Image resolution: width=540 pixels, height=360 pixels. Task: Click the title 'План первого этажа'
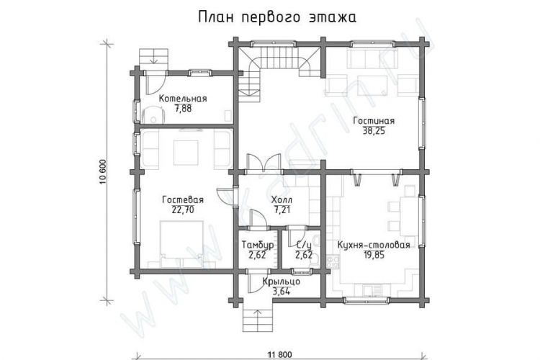pyautogui.click(x=277, y=17)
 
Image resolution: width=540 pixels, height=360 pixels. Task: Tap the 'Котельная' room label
pyautogui.click(x=183, y=99)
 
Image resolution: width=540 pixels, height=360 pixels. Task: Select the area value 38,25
pyautogui.click(x=374, y=131)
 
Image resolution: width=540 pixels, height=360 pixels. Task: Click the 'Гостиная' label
pyautogui.click(x=374, y=121)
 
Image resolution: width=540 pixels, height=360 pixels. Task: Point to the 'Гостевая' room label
pyautogui.click(x=183, y=200)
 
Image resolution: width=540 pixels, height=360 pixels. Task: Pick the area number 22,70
pyautogui.click(x=183, y=210)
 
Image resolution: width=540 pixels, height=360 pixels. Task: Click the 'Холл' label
pyautogui.click(x=282, y=200)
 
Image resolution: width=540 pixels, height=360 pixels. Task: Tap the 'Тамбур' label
pyautogui.click(x=258, y=245)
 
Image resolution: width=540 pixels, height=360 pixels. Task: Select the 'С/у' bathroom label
pyautogui.click(x=304, y=245)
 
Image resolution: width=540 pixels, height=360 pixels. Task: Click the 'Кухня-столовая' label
pyautogui.click(x=374, y=245)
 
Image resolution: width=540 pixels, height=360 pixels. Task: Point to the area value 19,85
pyautogui.click(x=374, y=255)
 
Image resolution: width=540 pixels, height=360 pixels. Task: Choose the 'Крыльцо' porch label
pyautogui.click(x=281, y=282)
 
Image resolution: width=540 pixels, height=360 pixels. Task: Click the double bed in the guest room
pyautogui.click(x=181, y=244)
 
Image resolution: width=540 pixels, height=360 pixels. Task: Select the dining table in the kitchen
pyautogui.click(x=409, y=217)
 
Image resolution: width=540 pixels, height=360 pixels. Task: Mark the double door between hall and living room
pyautogui.click(x=263, y=163)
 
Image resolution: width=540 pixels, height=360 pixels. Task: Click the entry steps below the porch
pyautogui.click(x=258, y=320)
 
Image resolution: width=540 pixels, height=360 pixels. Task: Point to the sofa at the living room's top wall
pyautogui.click(x=373, y=58)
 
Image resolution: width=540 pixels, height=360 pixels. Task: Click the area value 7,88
pyautogui.click(x=183, y=109)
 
